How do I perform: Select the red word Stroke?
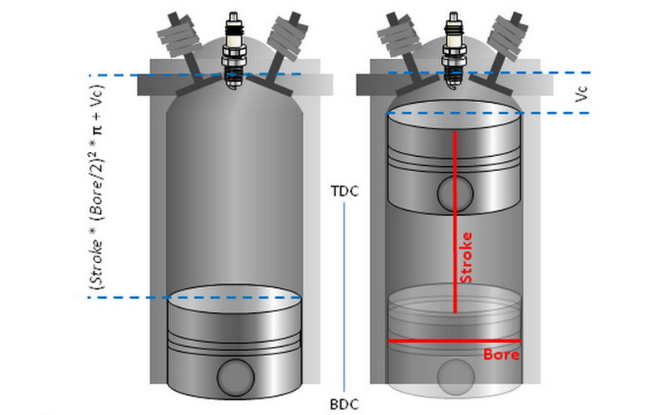coord(466,256)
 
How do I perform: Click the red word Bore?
coord(501,354)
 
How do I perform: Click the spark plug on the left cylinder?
coord(234,46)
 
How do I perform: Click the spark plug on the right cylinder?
coord(455,46)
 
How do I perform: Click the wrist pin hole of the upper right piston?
coord(454,194)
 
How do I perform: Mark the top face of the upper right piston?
coord(454,116)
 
